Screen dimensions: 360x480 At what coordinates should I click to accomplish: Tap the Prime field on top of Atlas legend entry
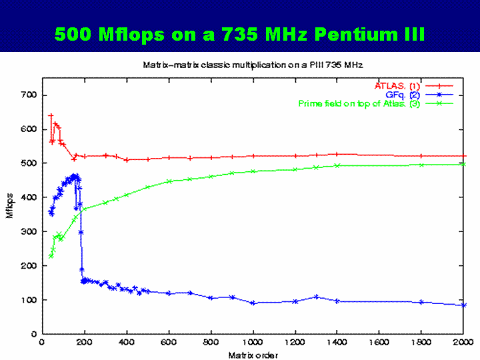click(x=359, y=103)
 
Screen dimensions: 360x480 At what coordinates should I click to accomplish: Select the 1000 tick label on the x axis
click(x=253, y=343)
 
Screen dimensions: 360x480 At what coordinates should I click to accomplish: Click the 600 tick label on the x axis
click(x=169, y=343)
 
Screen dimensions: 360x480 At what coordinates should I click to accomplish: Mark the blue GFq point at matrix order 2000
click(x=463, y=305)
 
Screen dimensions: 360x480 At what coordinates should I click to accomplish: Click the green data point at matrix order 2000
click(x=463, y=164)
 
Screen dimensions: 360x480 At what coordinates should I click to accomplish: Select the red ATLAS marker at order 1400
click(x=337, y=154)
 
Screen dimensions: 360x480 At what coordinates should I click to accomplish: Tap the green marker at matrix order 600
click(x=169, y=181)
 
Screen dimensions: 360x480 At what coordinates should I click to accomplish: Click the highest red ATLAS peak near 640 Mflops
click(x=51, y=115)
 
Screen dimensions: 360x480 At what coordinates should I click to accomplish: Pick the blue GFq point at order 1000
click(x=253, y=303)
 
